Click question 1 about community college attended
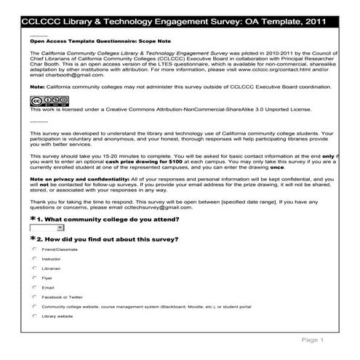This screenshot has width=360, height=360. [109, 218]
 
